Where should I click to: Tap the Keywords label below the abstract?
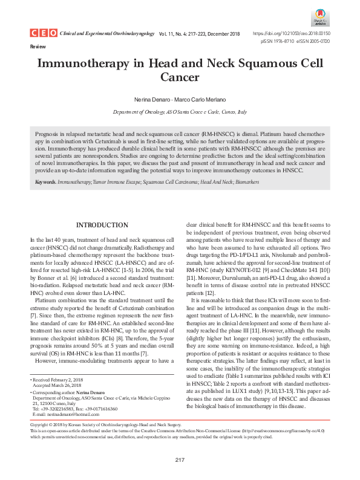[45, 182]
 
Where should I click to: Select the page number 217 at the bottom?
[180, 461]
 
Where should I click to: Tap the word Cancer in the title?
[180, 77]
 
